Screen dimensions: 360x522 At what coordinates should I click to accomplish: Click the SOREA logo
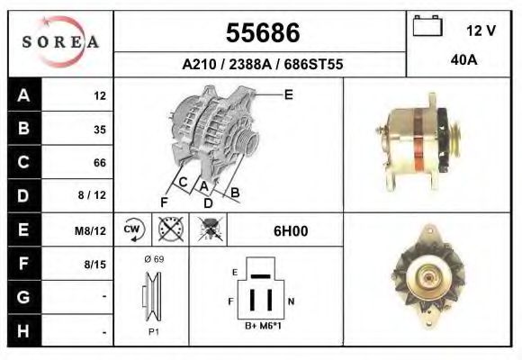point(60,42)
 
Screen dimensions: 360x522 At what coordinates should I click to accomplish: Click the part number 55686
point(262,33)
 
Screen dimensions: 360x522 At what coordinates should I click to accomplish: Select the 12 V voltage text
point(481,31)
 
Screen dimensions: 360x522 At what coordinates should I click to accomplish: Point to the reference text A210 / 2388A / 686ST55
point(262,64)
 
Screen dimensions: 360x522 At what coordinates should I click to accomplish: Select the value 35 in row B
point(99,129)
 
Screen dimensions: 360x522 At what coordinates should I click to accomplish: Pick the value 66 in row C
point(99,163)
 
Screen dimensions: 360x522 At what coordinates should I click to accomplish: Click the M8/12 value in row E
point(92,230)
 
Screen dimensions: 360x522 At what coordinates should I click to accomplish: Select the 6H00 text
point(291,230)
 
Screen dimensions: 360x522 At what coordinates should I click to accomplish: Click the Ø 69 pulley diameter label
point(153,259)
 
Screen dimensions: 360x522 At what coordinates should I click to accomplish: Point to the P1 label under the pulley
point(152,331)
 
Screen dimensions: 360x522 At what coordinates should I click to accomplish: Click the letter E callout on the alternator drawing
point(288,94)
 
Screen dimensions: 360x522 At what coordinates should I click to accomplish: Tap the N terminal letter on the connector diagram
point(291,301)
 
